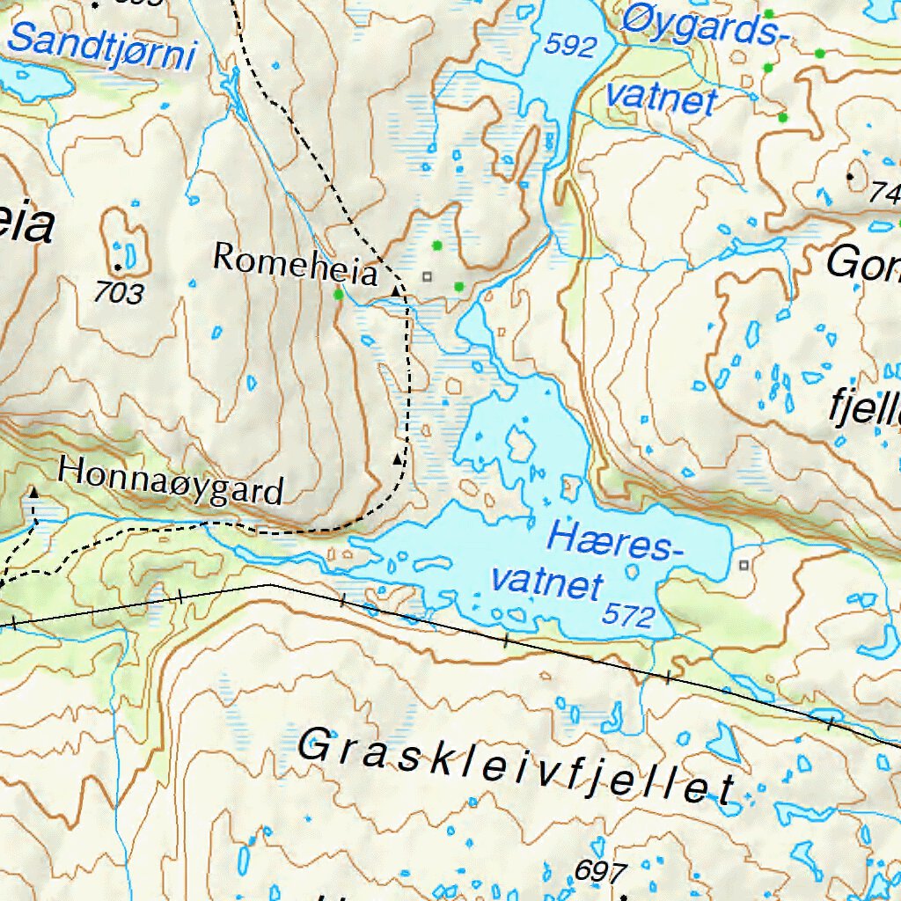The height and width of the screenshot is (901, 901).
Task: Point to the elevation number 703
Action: coord(118,293)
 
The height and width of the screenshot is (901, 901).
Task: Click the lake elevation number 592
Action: coord(570,46)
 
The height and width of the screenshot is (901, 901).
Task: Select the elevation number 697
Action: coord(601,872)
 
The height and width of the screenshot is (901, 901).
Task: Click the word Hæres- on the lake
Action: coord(616,539)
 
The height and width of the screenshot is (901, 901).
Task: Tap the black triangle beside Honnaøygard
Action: coord(33,493)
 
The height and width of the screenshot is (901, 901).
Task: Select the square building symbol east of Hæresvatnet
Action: coord(745,565)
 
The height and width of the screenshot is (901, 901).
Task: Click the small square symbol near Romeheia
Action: coord(428,277)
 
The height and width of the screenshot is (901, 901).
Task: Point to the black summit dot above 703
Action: coord(117,266)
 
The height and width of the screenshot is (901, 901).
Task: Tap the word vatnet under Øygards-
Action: coord(661,99)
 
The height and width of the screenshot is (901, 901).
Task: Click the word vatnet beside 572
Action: coord(547,582)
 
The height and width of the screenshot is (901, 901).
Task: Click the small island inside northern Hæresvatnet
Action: coord(519,443)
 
